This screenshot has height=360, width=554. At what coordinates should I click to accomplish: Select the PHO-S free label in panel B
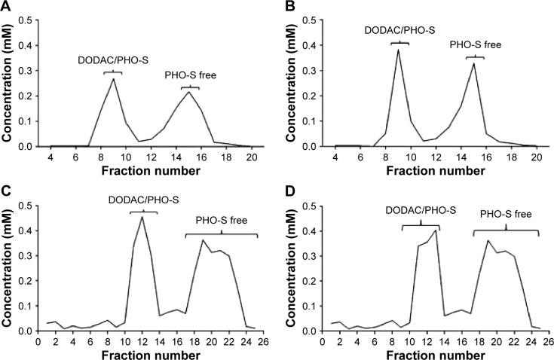(x=475, y=45)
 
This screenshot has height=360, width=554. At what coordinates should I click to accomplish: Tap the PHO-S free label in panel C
(x=222, y=221)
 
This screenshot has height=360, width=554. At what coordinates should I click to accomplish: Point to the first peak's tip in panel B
(x=398, y=50)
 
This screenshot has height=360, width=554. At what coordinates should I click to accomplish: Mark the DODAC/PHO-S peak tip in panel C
(x=142, y=217)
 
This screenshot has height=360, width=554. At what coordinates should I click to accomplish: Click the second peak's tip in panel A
(x=188, y=92)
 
